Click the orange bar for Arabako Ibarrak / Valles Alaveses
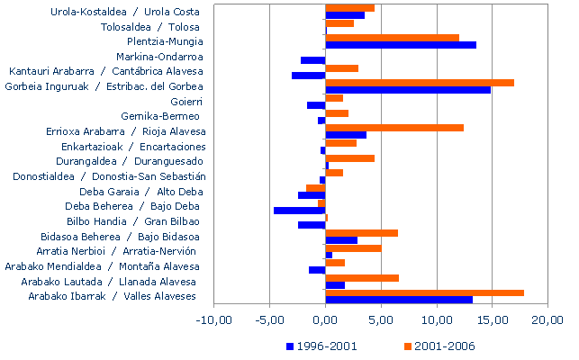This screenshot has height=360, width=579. tap(424, 292)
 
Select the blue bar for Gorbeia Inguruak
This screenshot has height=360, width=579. tap(408, 90)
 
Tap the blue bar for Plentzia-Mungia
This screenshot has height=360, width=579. tap(401, 45)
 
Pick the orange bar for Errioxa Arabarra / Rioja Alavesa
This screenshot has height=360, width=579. tap(394, 128)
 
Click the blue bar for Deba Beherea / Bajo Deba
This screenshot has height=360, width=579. tap(300, 210)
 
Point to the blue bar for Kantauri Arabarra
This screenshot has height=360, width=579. tap(309, 75)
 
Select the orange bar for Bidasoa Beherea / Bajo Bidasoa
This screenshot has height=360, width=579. tap(361, 233)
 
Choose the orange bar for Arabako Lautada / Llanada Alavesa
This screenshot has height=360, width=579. tap(362, 278)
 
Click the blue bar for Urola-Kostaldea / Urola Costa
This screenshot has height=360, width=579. tap(345, 15)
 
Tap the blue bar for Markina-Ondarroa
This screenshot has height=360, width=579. tap(313, 60)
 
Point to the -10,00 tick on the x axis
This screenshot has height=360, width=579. tap(214, 319)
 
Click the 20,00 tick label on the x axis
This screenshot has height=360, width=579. tap(548, 319)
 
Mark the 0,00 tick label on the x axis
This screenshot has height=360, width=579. tap(326, 319)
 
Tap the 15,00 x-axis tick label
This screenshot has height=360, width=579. tap(493, 319)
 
